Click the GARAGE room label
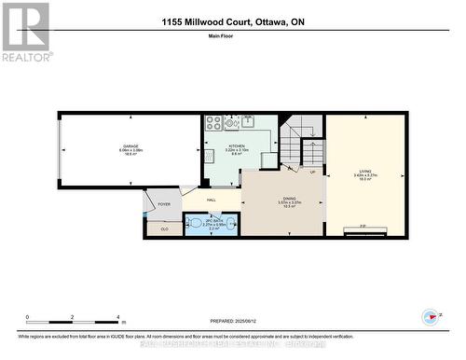click(130, 146)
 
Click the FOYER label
click(164, 203)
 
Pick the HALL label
click(212, 199)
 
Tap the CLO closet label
click(165, 228)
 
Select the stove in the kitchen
click(213, 121)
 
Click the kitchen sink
click(249, 120)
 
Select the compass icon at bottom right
click(430, 317)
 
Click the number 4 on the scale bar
click(117, 317)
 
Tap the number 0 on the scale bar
click(27, 317)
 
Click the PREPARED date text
click(233, 320)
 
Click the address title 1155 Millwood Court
click(232, 21)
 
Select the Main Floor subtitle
click(232, 39)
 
